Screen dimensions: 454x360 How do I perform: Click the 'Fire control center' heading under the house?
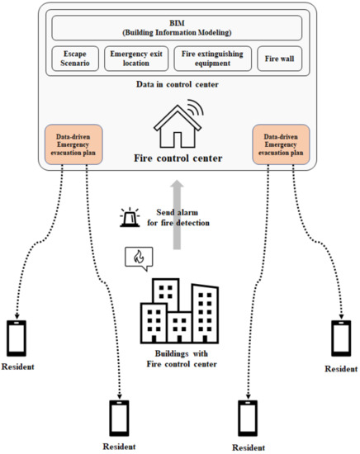pyautogui.click(x=180, y=158)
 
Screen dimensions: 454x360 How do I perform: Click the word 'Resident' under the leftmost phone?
pyautogui.click(x=18, y=367)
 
